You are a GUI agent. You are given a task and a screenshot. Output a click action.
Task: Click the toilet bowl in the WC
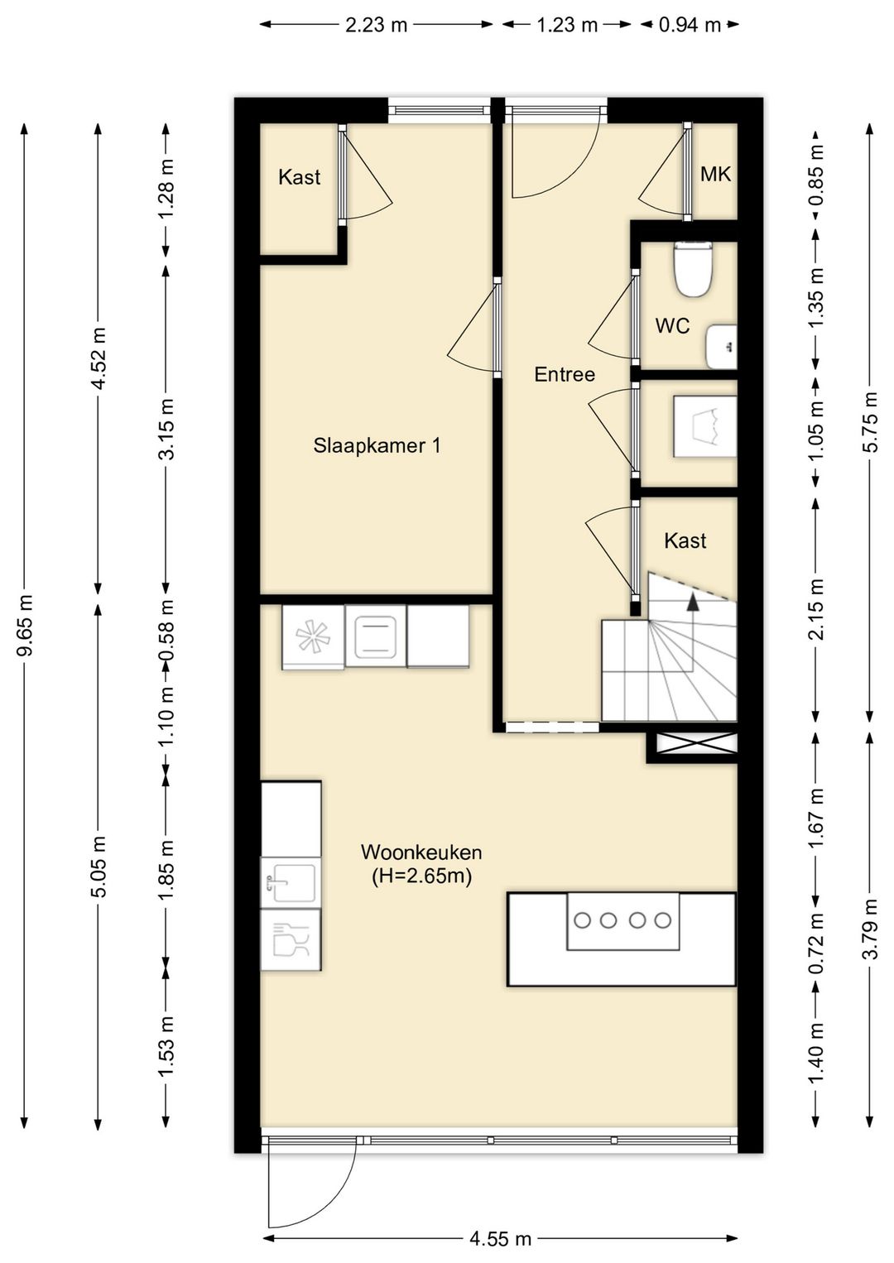(x=693, y=270)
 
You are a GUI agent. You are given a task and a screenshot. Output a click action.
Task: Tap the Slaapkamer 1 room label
(x=377, y=446)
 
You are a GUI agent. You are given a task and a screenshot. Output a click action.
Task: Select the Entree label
(x=565, y=374)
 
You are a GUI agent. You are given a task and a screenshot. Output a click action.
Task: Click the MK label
(x=715, y=175)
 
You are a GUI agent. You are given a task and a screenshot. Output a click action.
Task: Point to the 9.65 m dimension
(x=25, y=625)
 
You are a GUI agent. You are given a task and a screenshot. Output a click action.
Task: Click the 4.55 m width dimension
(x=500, y=1239)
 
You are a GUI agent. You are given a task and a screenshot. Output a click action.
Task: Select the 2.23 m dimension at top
(x=376, y=25)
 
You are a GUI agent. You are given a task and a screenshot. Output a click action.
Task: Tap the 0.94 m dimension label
(x=690, y=25)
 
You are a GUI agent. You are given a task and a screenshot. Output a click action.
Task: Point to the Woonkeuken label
(x=421, y=852)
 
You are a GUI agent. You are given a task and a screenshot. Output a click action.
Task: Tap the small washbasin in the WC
(x=721, y=345)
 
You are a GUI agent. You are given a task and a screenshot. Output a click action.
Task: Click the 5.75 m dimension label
(x=872, y=422)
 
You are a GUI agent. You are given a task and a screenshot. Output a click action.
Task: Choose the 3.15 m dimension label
(x=167, y=429)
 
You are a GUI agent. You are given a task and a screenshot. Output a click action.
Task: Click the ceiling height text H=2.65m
(x=421, y=876)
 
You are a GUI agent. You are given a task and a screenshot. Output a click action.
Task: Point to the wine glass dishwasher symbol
(x=291, y=939)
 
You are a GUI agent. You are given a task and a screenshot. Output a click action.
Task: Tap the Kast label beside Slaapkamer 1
(x=299, y=178)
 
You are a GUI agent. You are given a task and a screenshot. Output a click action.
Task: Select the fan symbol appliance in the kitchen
(x=313, y=636)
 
